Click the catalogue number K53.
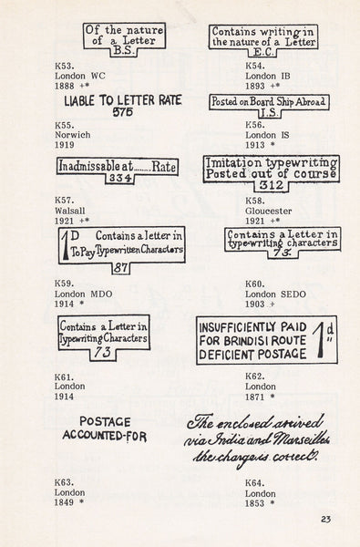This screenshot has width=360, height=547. [64, 67]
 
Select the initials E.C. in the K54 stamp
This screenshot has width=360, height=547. [262, 52]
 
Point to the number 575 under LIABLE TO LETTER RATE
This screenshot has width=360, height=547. [123, 112]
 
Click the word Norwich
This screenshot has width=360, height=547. [73, 135]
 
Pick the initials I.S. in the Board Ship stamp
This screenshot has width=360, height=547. [269, 113]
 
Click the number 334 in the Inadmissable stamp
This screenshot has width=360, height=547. [119, 179]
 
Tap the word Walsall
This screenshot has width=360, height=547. [70, 212]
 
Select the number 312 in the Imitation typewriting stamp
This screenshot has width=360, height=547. [272, 185]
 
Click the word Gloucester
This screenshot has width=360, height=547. [268, 212]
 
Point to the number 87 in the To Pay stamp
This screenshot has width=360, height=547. [120, 268]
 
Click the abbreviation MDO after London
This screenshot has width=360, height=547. [101, 294]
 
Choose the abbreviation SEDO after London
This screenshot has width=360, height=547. [293, 294]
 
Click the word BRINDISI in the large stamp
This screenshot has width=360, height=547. [246, 341]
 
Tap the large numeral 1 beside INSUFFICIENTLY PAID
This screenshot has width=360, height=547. [321, 340]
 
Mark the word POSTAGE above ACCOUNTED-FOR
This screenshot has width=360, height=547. [105, 422]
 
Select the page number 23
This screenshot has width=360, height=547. [325, 520]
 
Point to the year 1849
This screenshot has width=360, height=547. [64, 502]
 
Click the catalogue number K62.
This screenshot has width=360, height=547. [255, 377]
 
